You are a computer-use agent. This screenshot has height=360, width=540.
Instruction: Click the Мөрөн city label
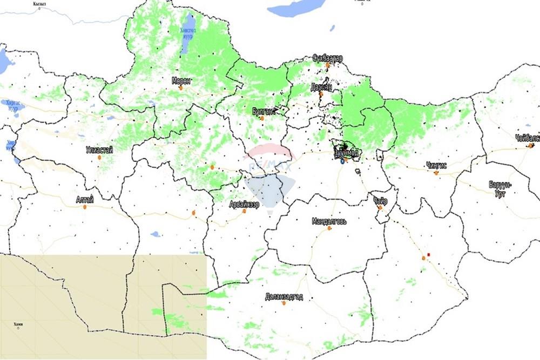[x=180, y=80]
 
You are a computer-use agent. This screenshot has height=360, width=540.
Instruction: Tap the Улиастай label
[x=99, y=150]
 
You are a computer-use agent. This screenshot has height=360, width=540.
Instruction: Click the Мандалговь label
[x=329, y=221]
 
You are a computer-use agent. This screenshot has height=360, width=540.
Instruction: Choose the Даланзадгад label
[x=284, y=297]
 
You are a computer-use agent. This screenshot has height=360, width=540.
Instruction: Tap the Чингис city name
[x=436, y=165]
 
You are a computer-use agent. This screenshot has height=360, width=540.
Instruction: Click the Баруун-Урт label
[x=500, y=188]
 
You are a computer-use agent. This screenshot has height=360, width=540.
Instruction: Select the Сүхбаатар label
[x=327, y=58]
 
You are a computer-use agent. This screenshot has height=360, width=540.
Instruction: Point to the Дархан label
[x=321, y=86]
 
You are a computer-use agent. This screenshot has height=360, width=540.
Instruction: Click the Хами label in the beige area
[x=18, y=324]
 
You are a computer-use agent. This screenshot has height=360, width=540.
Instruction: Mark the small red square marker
[x=428, y=254]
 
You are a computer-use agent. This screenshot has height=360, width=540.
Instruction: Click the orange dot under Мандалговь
[x=329, y=228]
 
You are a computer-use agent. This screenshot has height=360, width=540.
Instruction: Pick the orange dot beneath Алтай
[x=85, y=207]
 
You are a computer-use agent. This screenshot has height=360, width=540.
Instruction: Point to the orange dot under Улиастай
[x=99, y=158]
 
